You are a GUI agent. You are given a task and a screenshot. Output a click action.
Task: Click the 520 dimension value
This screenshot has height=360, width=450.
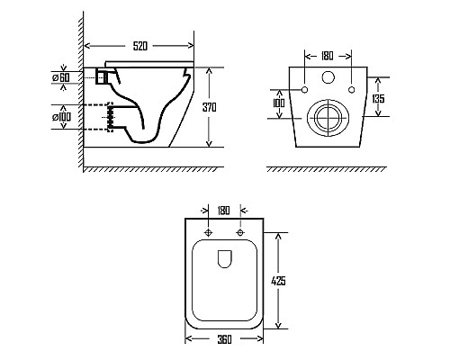coord(140,46)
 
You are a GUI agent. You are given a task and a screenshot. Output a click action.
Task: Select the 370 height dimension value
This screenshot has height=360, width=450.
coord(209,107)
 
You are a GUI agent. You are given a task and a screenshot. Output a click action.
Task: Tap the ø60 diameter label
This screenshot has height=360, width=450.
coord(61,77)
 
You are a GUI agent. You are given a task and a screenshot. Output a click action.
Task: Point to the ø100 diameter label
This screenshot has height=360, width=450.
coord(62,117)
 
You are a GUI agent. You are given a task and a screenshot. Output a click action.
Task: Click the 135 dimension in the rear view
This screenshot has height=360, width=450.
coord(378,98)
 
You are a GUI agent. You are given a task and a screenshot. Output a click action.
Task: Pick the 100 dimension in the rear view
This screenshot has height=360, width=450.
coord(279,103)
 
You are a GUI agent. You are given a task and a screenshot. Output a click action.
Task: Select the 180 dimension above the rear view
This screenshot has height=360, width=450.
coord(327,56)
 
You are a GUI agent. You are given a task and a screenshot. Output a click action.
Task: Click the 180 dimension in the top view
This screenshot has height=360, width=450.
coord(223,211)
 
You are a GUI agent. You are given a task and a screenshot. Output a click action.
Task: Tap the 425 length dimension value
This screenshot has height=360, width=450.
coord(278,281)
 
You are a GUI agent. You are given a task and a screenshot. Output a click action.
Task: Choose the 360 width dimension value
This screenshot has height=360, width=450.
coord(224,339)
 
